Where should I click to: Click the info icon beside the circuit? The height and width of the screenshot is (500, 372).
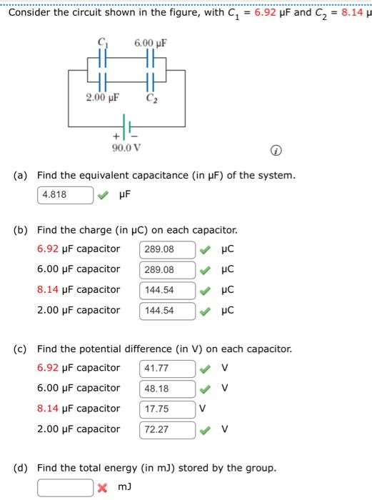click(x=275, y=151)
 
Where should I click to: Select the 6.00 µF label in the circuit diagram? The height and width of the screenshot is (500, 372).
click(x=151, y=44)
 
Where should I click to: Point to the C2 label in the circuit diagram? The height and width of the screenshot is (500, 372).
click(x=151, y=97)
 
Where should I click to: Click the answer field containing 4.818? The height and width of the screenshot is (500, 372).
click(x=65, y=194)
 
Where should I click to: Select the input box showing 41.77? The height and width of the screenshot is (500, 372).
click(x=167, y=369)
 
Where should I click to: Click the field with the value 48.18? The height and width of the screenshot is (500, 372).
click(x=167, y=389)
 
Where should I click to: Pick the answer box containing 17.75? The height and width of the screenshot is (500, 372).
click(x=167, y=409)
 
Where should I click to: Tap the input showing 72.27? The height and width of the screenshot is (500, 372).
click(x=167, y=430)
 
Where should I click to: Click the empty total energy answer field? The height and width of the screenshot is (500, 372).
click(x=65, y=488)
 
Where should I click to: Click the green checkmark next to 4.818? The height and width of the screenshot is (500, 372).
click(x=104, y=194)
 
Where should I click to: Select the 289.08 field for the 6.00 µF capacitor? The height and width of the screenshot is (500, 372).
click(x=167, y=270)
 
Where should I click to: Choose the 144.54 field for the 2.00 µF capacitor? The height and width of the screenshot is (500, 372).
click(x=167, y=311)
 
